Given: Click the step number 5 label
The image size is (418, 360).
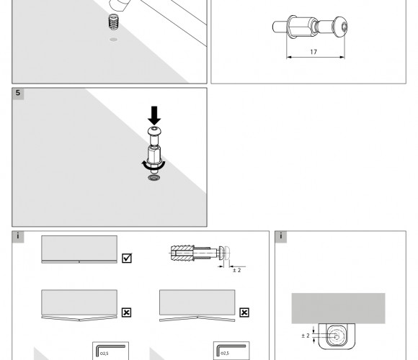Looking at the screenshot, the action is coord(18,93).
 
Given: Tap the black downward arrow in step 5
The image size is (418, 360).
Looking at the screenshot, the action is coord(154,116).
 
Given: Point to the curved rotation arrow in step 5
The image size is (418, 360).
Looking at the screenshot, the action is coord(154,166).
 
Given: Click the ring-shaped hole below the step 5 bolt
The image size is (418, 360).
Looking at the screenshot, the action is coord(154,178).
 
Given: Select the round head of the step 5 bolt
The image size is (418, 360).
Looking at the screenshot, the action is coord(154,131).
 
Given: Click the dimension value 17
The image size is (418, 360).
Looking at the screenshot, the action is coord(313,52).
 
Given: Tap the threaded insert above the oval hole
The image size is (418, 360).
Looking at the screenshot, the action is coord(114,22).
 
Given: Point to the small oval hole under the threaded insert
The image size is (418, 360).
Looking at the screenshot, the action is coord(114,40).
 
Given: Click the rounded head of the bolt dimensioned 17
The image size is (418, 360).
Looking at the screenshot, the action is coord(341,27).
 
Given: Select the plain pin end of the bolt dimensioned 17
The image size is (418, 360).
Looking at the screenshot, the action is coord(280,27).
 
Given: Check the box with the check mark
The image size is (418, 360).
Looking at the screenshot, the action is coord(127,258).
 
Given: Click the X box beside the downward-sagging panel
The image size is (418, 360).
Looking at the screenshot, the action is coord(126,312).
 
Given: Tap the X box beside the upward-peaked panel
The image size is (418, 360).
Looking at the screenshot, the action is coord(244,312).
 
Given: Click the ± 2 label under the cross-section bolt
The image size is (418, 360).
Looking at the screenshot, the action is coord(236,270).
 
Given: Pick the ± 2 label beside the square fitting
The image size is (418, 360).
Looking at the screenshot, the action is coord(306,336).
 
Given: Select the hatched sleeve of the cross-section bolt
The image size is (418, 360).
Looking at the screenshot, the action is coord(182,253).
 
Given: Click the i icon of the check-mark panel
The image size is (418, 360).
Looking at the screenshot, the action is coord(18,237).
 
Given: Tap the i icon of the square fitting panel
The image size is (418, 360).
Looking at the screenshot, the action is coord(281,237).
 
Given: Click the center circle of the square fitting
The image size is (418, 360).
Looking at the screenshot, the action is coord(337,337).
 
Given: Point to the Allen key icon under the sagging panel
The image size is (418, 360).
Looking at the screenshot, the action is coord(111,350).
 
